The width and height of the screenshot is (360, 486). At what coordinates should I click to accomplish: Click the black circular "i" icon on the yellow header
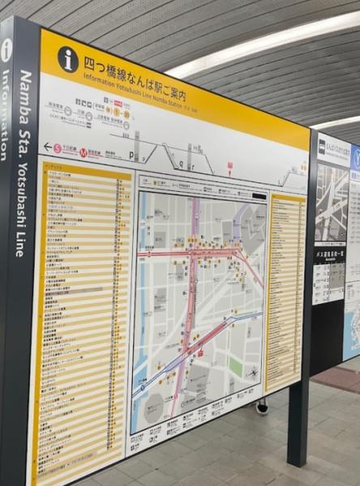pos(68,58)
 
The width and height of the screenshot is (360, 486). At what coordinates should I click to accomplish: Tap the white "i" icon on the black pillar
pos(6,50)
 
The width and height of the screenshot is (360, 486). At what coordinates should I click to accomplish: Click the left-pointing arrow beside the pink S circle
pos(47,147)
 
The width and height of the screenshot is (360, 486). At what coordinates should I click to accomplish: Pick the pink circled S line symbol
pos(58,148)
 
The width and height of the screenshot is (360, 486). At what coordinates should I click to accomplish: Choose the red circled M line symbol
pos(84,151)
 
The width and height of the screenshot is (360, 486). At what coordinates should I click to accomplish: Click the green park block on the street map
pos(235,366)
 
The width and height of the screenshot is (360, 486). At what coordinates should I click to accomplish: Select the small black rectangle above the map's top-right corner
pos(259,195)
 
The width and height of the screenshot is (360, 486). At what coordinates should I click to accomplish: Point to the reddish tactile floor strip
pos(339,379)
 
